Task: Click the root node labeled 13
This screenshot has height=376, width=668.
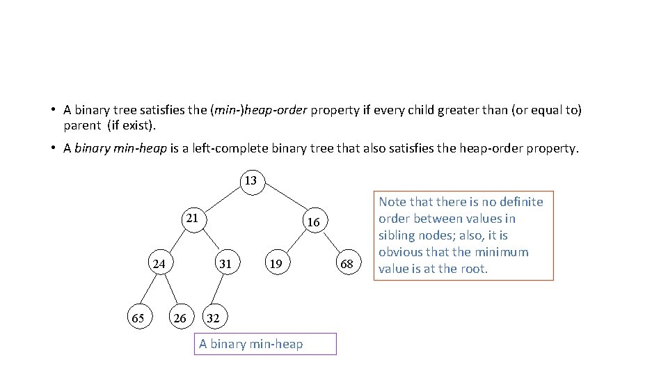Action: click(x=250, y=181)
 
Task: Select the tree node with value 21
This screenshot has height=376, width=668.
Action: click(x=192, y=219)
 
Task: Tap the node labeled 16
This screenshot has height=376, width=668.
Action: click(x=314, y=222)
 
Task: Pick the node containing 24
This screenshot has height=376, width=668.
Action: click(x=159, y=264)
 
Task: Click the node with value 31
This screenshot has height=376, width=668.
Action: click(x=225, y=264)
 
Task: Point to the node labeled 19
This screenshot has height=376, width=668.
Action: click(x=276, y=264)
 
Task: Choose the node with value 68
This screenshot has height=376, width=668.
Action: click(x=347, y=264)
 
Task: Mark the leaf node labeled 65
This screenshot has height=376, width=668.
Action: click(x=138, y=318)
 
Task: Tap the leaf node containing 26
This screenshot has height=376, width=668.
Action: click(x=180, y=318)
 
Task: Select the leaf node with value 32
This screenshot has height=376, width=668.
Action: click(x=213, y=318)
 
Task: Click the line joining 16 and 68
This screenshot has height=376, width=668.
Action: click(x=330, y=242)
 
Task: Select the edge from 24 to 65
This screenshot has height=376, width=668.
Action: click(x=148, y=291)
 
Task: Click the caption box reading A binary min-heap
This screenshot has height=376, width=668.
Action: click(x=265, y=344)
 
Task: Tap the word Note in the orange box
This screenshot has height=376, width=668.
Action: click(x=393, y=202)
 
